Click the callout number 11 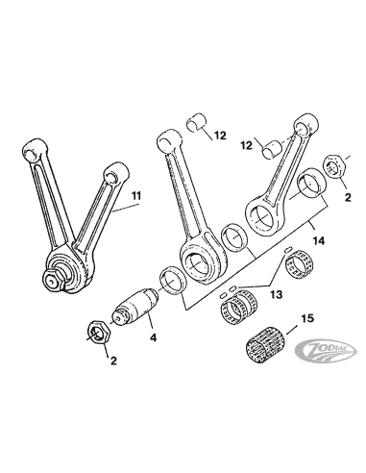tap(136, 195)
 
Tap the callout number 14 tap(319, 240)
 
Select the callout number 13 tap(277, 293)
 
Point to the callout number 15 tap(307, 318)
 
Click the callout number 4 tap(154, 337)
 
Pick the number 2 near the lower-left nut tap(113, 361)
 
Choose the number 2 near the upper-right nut tap(348, 197)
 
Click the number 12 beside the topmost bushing tap(220, 136)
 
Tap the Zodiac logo tap(325, 350)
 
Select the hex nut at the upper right tap(336, 165)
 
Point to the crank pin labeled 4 tap(136, 307)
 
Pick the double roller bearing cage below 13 tap(239, 308)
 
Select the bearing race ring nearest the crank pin tap(173, 280)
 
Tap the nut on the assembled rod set tap(53, 280)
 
